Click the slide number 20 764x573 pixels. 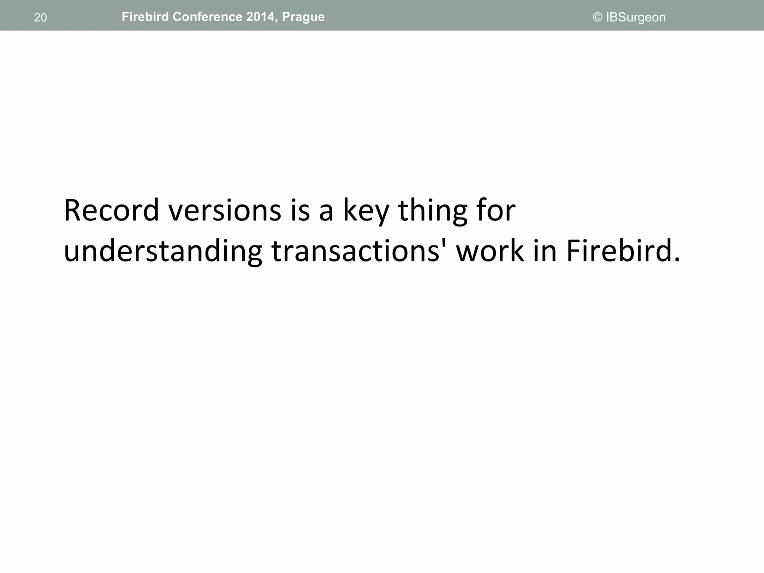point(40,18)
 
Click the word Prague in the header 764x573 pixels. point(303,17)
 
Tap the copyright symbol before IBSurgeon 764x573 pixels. point(598,17)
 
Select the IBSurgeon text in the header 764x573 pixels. point(636,18)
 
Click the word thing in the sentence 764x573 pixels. point(433,211)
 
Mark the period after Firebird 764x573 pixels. point(677,260)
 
